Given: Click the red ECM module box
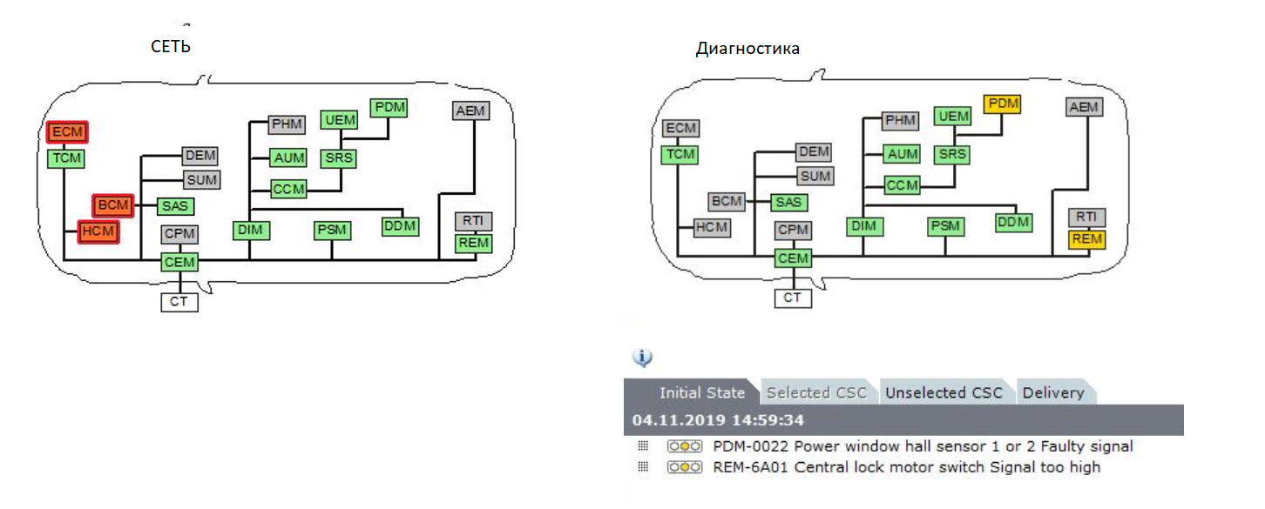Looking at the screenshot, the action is pos(67,132).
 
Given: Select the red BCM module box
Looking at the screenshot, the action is pos(113,205).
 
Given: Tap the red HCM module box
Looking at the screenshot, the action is pos(98,231).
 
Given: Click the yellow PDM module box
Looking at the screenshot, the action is pos(1003,104).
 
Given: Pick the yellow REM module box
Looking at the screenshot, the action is pos(1086,239).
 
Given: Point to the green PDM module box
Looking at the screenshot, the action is pos(389,108).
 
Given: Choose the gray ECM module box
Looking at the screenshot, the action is pos(680,128).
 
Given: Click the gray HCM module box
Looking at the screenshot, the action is pos(712,228).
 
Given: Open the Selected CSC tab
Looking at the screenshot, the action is pos(816,392).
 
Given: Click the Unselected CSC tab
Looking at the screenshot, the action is pos(944,392).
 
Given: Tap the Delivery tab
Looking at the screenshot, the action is pos(1054,392).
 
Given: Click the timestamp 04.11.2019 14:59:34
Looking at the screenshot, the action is pos(718,420).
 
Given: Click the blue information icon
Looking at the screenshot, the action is pos(642,358).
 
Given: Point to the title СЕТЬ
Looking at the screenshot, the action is pos(171,47).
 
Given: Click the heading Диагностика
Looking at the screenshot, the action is pos(747,49).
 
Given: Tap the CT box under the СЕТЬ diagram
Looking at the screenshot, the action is pos(179,303).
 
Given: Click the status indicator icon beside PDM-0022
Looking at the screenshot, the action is pos(685,446).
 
